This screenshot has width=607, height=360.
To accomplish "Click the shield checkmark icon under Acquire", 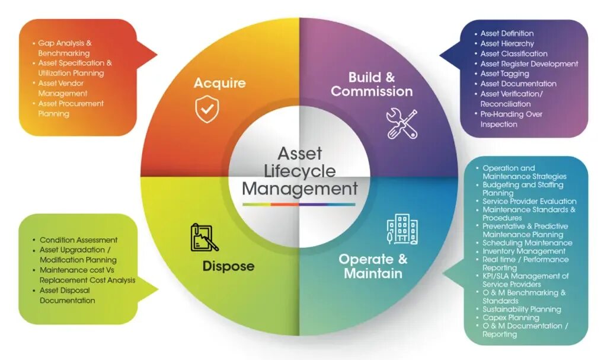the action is (207, 110).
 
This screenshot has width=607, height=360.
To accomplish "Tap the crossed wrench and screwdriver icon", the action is (401, 124).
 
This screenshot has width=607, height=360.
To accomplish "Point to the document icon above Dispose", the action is (204, 237).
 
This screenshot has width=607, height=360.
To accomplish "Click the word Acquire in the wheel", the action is (219, 83).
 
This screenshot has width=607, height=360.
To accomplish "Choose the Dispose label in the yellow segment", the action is (228, 266).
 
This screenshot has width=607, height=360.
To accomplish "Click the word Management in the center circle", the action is (300, 189).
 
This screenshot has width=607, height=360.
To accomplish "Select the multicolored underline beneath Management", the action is (299, 204).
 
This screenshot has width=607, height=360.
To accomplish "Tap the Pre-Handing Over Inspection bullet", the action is (511, 119).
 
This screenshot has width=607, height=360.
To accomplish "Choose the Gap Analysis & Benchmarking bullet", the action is (65, 48).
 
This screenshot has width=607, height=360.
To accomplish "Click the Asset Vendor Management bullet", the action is (62, 88).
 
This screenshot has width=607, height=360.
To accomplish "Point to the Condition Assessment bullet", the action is (78, 240).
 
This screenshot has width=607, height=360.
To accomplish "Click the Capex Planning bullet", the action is (510, 318).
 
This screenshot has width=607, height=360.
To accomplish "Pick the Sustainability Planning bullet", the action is (521, 310).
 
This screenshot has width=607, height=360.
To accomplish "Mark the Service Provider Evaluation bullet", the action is (529, 202).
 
